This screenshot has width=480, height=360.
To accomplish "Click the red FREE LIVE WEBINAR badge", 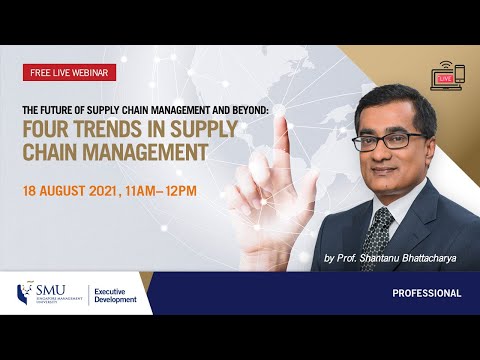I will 70,72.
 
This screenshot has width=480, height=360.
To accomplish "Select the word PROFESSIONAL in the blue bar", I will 426,294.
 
